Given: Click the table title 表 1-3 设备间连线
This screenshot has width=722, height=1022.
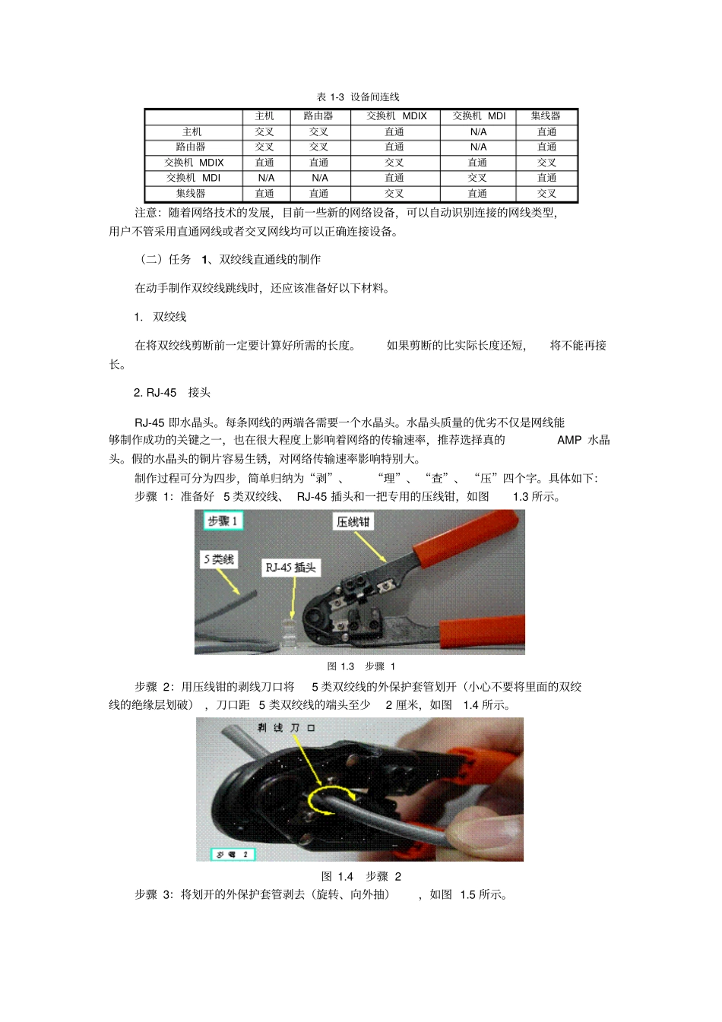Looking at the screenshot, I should pos(358,97).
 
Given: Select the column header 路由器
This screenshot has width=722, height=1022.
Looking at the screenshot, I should pos(318,116).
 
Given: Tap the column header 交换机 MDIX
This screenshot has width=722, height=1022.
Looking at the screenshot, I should pos(396,116).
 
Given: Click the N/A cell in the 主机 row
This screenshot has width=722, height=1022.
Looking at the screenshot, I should pos(478,132).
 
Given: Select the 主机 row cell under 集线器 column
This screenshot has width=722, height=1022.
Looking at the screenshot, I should pos(546,132).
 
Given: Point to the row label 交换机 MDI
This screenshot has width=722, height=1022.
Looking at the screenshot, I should pos(193,178).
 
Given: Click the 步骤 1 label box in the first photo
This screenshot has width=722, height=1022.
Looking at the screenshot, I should pos(223,520).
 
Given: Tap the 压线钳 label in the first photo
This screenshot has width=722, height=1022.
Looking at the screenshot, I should pos(353,522).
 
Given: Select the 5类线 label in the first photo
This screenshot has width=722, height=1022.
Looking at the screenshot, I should pos(219,559).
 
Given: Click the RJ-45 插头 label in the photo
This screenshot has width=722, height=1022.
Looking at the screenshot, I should pos(290,568).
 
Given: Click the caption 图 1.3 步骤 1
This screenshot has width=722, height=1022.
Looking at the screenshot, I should pos(361,666).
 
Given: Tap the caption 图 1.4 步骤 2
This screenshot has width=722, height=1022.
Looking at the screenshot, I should pos(361,876).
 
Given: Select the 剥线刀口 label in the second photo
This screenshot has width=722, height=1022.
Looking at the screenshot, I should pos(286,728).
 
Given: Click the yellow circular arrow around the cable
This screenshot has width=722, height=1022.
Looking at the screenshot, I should pos(331,800).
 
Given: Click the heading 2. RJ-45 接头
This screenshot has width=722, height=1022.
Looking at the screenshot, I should pos(172,393).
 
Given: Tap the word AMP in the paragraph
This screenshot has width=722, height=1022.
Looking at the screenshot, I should pos(568,440).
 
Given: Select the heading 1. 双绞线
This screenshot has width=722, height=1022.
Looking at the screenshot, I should pos(160,317).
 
